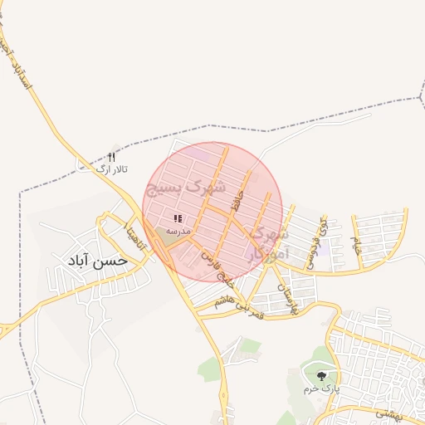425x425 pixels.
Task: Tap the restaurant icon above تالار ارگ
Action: coord(112,157)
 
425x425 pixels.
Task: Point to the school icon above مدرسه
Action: coord(178,218)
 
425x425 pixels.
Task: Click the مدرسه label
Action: coord(178,229)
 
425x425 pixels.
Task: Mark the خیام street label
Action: coord(357,243)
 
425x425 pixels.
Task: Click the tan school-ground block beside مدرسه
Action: coord(170,236)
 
